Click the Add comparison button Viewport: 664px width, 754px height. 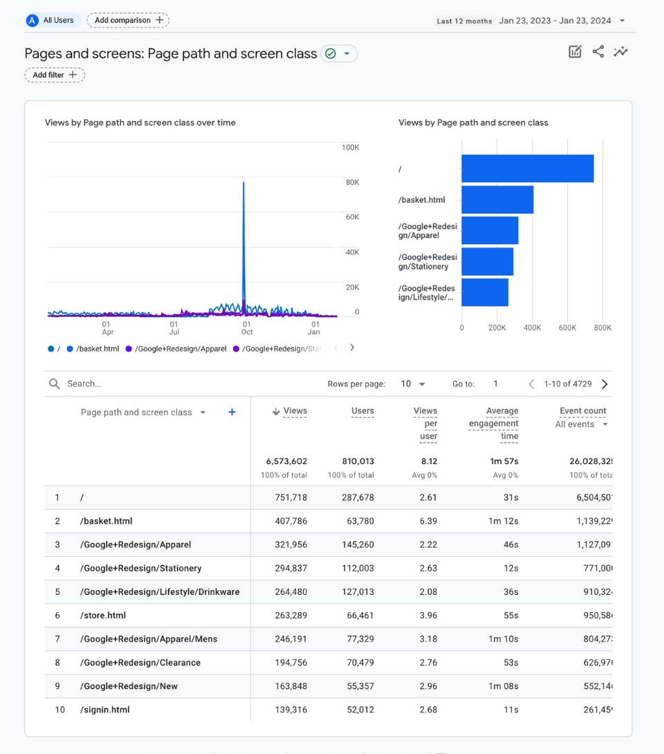point(128,20)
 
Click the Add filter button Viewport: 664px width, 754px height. point(55,75)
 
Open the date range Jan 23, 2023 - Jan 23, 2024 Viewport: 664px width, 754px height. point(555,20)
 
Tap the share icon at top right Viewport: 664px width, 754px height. point(598,51)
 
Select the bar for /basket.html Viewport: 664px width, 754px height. point(497,200)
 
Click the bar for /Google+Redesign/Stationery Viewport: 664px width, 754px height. point(487,261)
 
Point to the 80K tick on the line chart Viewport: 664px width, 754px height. point(352,183)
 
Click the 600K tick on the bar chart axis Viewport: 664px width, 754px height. point(567,328)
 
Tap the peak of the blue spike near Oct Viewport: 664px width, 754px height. point(243,183)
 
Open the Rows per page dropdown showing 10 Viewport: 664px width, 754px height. point(413,384)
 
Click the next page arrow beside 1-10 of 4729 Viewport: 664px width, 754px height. point(605,384)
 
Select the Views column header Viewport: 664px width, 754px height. point(295,411)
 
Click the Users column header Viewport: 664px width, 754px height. point(362,411)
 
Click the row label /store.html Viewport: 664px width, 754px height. point(103,615)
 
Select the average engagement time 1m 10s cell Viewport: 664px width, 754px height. point(504,638)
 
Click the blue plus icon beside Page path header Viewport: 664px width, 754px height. point(232,412)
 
